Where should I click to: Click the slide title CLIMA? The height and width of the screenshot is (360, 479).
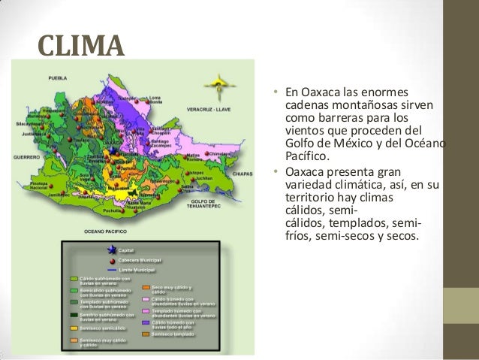[x=79, y=46]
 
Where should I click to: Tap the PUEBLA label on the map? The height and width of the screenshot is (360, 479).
[x=59, y=78]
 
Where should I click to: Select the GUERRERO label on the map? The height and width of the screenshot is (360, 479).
[x=25, y=157]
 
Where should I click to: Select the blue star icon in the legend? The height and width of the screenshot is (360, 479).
[x=112, y=250]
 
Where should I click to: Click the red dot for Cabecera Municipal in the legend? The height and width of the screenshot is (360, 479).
[x=112, y=259]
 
